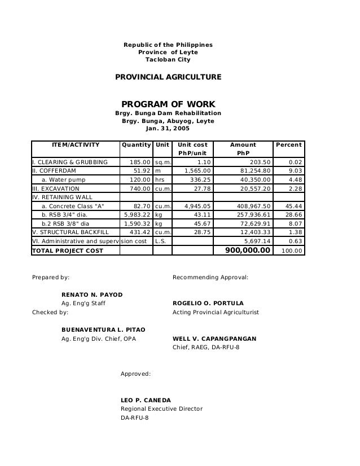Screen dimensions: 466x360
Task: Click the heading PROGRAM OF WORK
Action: point(168,104)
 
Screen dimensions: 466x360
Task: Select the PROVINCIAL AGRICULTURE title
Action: point(168,76)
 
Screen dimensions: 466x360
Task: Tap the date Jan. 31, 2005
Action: point(168,129)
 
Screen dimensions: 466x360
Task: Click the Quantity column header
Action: point(136,145)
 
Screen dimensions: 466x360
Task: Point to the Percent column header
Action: point(288,145)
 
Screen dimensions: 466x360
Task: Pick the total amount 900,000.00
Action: point(244,249)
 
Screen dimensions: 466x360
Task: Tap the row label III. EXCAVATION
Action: point(56,188)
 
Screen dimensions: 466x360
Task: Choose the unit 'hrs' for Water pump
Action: point(161,180)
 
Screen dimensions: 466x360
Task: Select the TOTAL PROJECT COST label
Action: point(67,250)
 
